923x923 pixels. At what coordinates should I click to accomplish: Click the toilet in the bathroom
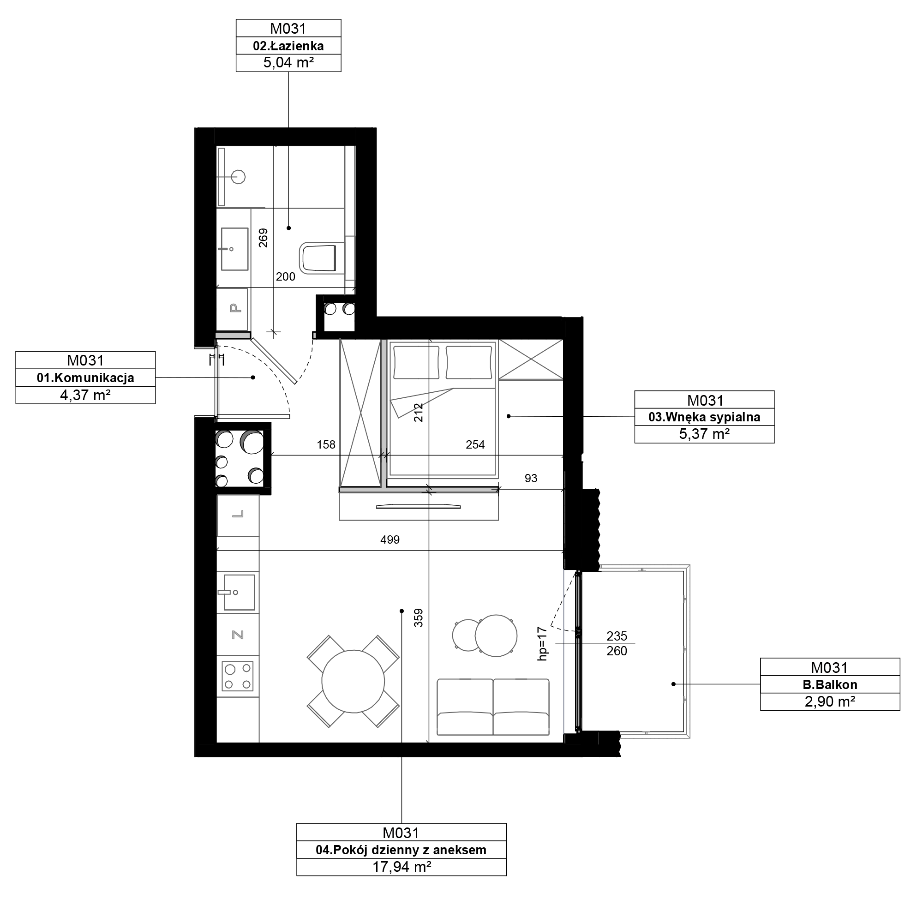(x=318, y=258)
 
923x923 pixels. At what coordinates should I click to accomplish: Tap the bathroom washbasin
(x=234, y=249)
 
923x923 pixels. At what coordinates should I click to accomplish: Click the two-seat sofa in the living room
(x=493, y=707)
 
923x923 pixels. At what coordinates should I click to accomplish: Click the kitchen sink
(x=239, y=593)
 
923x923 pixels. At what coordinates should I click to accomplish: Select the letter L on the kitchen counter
(x=238, y=514)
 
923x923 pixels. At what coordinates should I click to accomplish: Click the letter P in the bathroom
(x=235, y=308)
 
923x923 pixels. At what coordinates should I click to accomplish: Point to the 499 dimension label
(x=390, y=540)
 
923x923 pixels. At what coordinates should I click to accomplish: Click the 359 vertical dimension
(x=418, y=618)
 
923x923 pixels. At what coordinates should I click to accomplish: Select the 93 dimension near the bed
(x=531, y=478)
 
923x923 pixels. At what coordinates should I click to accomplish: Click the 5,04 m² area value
(x=288, y=63)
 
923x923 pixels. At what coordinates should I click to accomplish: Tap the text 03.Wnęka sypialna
(x=704, y=417)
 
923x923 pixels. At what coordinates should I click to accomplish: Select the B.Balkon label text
(x=830, y=684)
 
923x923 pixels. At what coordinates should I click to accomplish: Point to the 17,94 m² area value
(x=402, y=867)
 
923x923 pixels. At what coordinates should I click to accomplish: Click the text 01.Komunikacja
(x=85, y=378)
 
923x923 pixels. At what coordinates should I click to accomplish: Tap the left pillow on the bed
(x=416, y=362)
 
